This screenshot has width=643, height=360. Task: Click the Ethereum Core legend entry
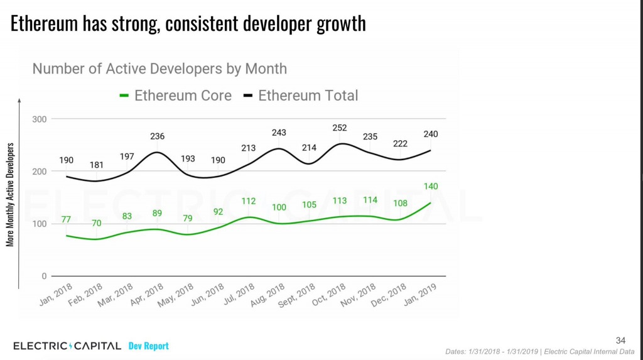tap(175, 95)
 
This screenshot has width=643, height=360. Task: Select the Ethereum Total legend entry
tap(301, 95)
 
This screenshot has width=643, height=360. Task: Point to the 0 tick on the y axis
tap(43, 276)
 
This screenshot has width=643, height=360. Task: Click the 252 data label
tap(340, 128)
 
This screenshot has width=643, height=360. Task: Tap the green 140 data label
tap(431, 186)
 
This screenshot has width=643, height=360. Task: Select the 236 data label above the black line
tap(157, 136)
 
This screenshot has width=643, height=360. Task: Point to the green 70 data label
tap(96, 223)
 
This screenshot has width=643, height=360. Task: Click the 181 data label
tap(97, 165)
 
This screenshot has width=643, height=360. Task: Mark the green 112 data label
tap(249, 201)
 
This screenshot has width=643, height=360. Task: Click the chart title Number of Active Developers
tap(159, 68)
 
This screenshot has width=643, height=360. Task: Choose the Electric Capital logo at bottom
tap(67, 346)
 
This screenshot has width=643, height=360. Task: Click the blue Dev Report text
tap(148, 346)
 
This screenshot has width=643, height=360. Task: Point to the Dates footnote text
tap(539, 351)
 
